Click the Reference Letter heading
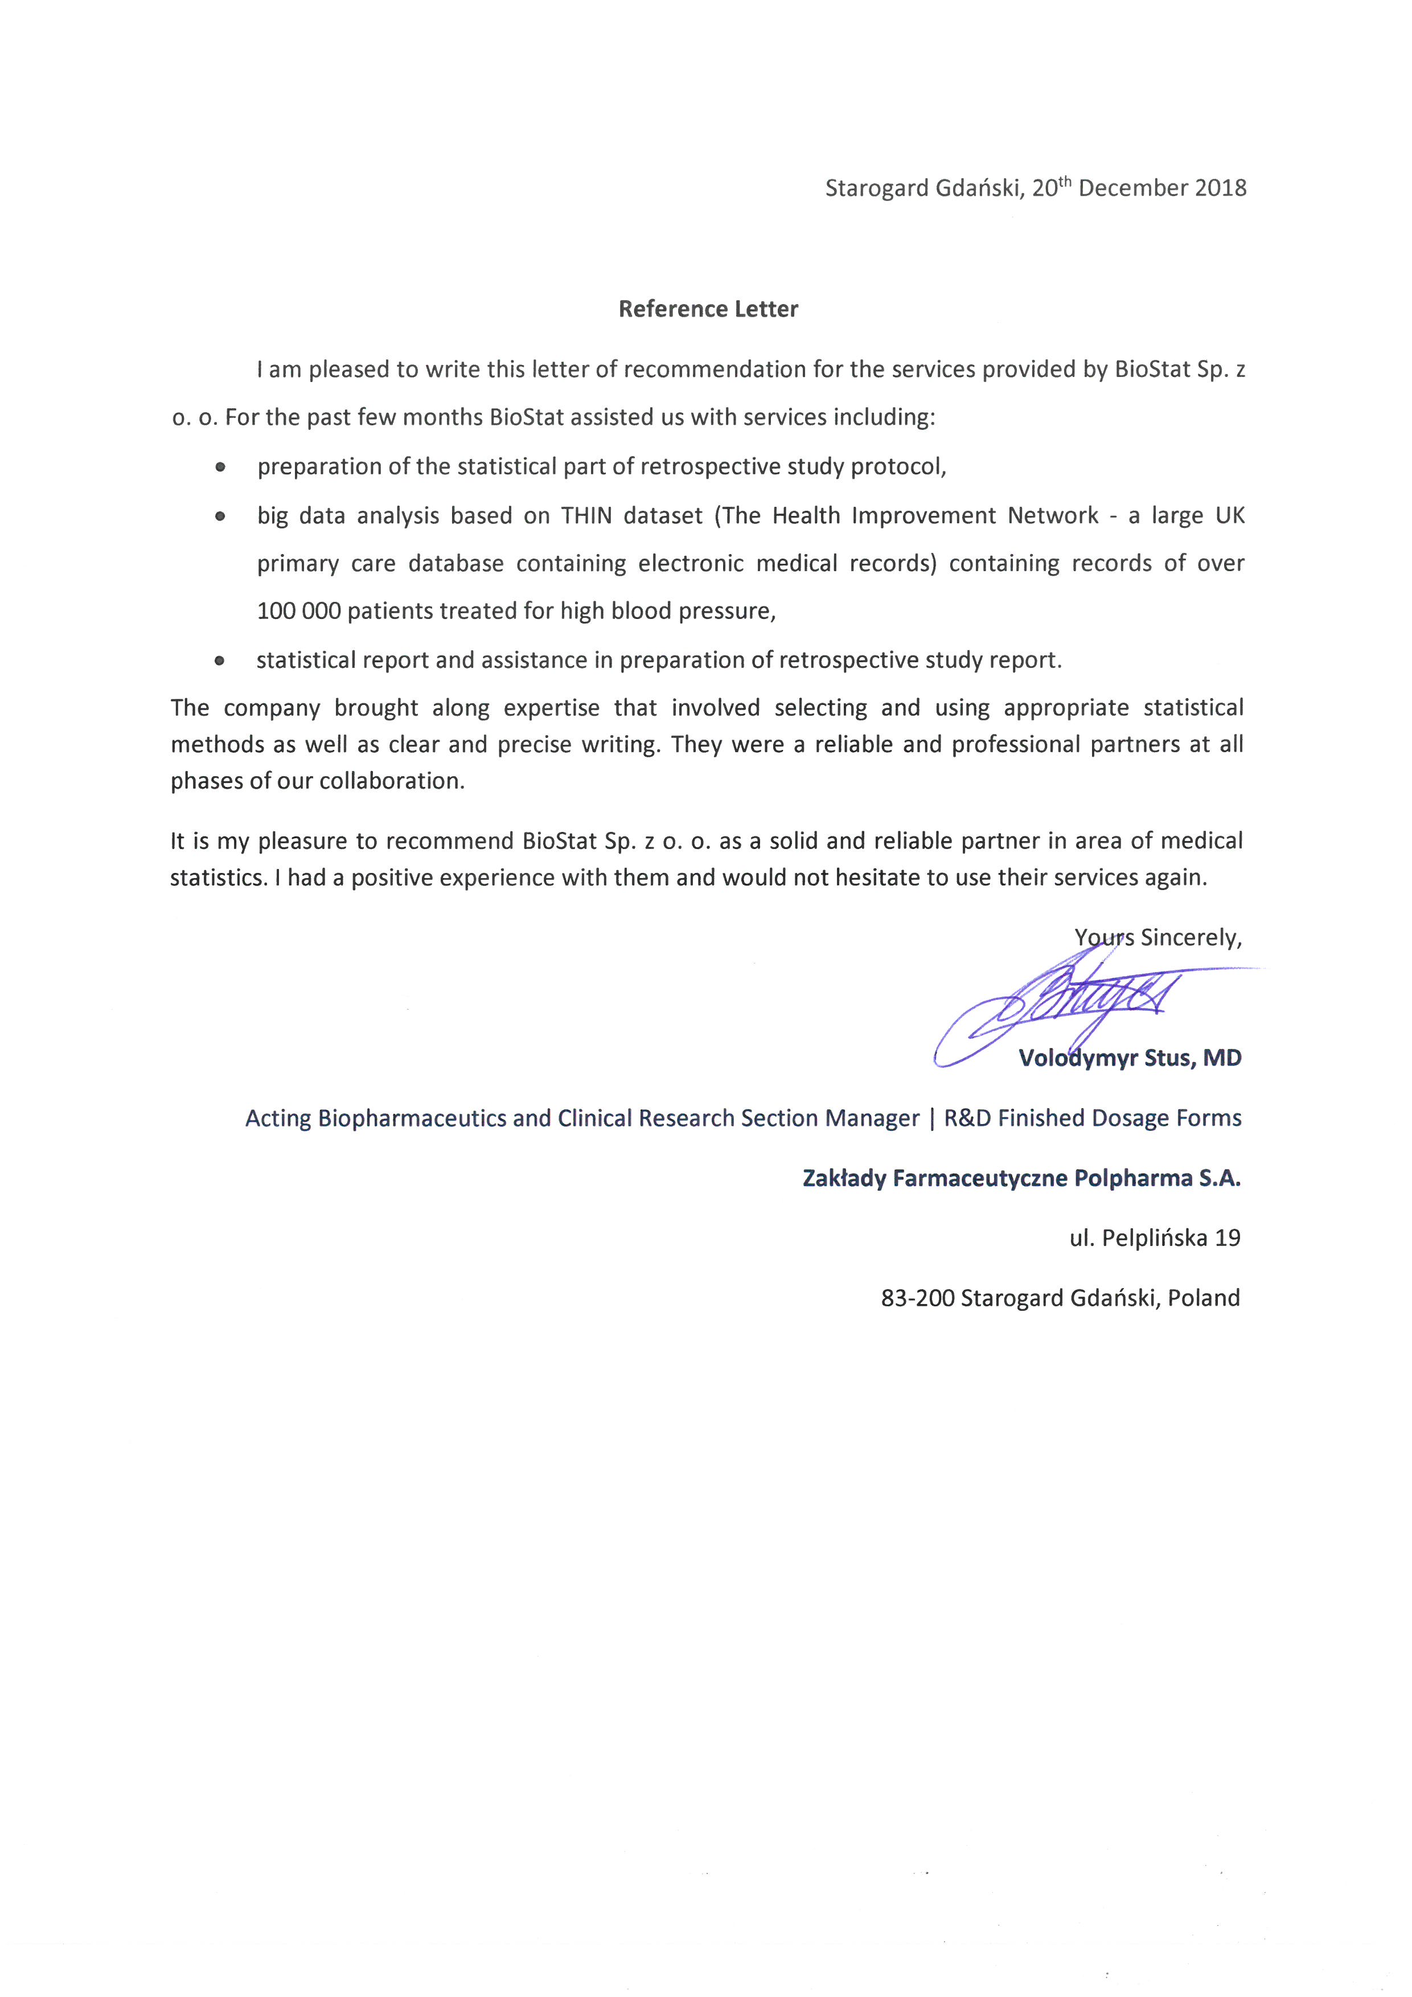708,309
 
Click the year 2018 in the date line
1220,188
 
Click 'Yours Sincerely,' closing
1157,938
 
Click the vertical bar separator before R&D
932,1118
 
